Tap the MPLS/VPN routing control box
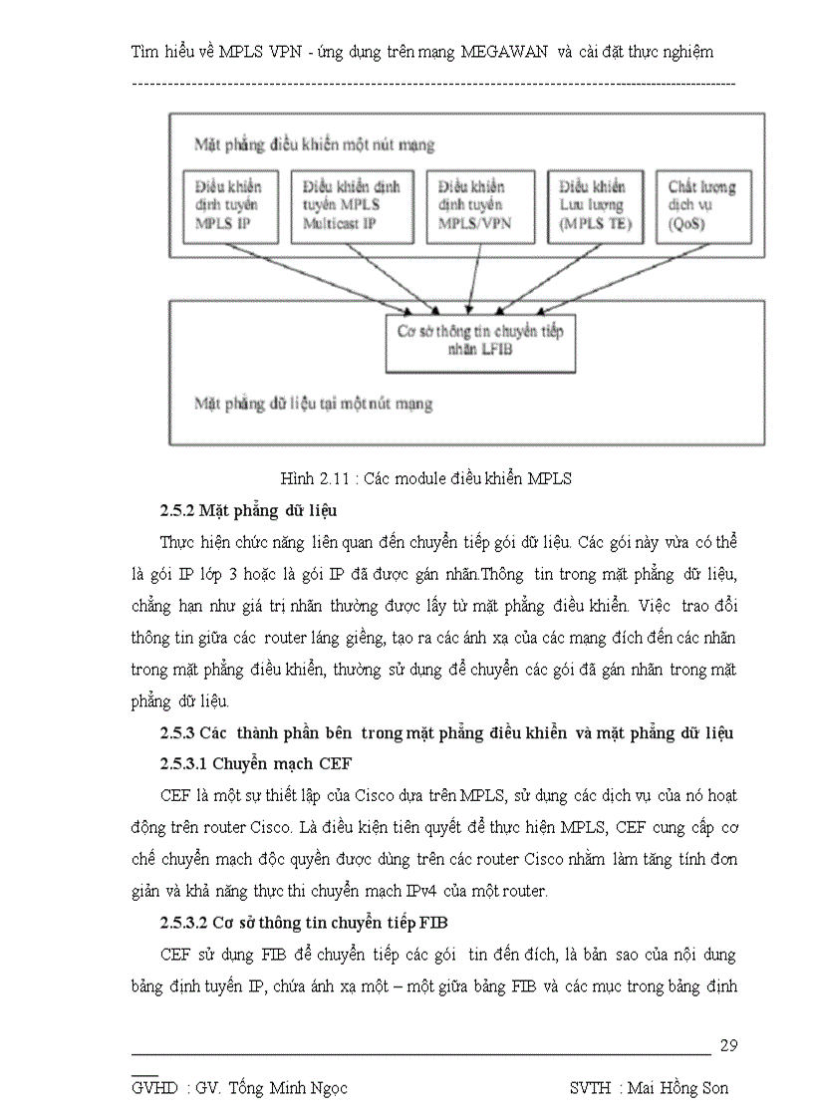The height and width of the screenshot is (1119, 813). click(474, 206)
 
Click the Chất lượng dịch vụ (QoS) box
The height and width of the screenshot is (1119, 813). click(703, 206)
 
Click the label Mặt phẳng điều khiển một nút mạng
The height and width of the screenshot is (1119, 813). click(315, 145)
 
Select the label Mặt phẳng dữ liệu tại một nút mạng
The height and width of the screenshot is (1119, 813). click(313, 404)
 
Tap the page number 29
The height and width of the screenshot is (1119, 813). click(727, 1045)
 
